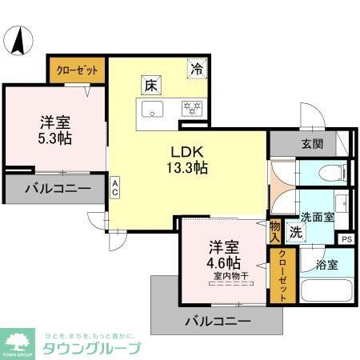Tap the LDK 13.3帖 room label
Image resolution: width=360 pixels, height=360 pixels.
pyautogui.click(x=188, y=160)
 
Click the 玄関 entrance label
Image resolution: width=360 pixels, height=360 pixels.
pyautogui.click(x=313, y=144)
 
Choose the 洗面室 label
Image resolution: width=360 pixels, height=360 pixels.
pyautogui.click(x=318, y=218)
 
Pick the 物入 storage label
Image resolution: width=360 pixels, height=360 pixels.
pyautogui.click(x=274, y=232)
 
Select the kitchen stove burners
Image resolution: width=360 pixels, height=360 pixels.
pyautogui.click(x=191, y=107)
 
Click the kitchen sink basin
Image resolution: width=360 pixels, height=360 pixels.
pyautogui.click(x=152, y=108)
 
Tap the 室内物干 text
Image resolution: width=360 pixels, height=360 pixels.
pyautogui.click(x=229, y=277)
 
